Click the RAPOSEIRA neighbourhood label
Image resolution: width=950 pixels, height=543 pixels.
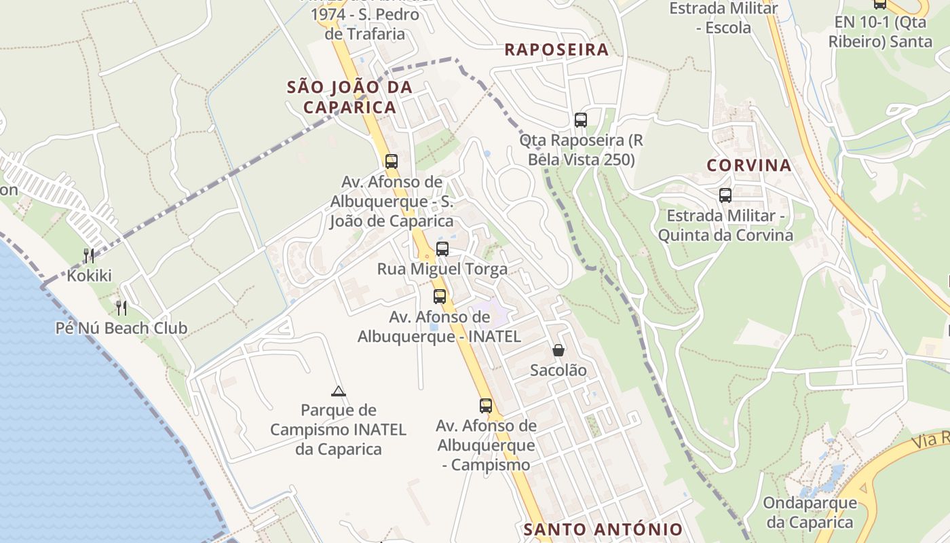[556, 50]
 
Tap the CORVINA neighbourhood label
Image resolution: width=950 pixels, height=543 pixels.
[749, 165]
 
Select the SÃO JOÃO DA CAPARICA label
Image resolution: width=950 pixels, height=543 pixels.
[349, 97]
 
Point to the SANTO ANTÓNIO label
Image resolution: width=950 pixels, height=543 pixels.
[603, 529]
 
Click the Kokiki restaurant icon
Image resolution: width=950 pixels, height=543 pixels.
[89, 255]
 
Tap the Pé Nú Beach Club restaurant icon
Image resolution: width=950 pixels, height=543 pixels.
[121, 307]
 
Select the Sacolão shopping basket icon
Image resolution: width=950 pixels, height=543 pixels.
[558, 350]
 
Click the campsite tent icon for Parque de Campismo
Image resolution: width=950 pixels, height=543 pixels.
[339, 391]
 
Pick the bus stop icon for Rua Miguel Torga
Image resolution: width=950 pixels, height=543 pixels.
[442, 249]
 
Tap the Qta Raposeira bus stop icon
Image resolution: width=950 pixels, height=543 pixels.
[581, 120]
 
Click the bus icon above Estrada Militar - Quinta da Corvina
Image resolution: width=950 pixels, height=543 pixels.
[725, 195]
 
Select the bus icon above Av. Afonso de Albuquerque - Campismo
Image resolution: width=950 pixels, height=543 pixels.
[486, 406]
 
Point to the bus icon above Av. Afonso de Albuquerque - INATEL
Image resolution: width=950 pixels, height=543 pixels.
[440, 297]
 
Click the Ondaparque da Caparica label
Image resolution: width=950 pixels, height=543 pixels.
[810, 512]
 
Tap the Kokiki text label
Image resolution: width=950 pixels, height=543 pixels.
[89, 276]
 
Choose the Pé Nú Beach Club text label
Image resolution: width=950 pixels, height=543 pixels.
[121, 328]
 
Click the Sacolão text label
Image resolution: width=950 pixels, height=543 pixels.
[558, 371]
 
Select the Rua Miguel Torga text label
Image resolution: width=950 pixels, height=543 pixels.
[442, 269]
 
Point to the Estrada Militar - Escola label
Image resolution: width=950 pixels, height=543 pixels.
[723, 18]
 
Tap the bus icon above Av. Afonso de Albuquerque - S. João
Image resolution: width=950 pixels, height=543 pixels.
[392, 162]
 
